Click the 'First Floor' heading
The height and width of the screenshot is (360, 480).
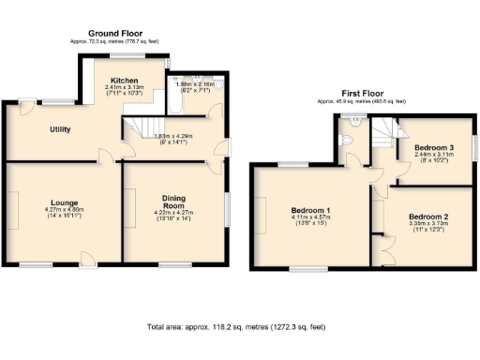pyautogui.click(x=362, y=94)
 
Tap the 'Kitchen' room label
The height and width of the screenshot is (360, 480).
pyautogui.click(x=125, y=80)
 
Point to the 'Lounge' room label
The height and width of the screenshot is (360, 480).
pyautogui.click(x=64, y=201)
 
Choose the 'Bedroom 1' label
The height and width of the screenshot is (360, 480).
pyautogui.click(x=309, y=210)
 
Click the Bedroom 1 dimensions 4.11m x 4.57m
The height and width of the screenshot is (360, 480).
pyautogui.click(x=309, y=221)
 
